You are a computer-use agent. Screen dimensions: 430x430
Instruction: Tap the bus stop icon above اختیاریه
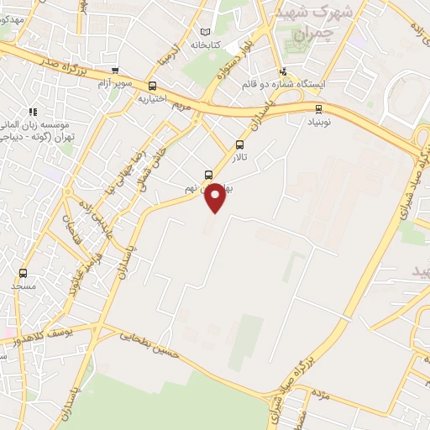point(152,86)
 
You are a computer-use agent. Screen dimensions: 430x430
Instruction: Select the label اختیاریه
point(152,98)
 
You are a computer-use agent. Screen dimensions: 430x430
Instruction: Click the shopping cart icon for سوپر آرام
point(115,71)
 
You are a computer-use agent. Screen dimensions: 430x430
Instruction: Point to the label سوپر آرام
point(115,84)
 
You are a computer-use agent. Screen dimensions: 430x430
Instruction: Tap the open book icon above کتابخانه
point(206,32)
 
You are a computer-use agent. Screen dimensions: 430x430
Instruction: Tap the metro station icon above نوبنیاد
point(318,108)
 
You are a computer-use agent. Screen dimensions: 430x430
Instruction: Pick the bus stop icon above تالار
point(240,144)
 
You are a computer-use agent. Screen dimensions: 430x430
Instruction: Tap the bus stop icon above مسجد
point(23,273)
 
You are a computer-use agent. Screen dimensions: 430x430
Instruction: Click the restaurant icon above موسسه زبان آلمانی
point(33,112)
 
